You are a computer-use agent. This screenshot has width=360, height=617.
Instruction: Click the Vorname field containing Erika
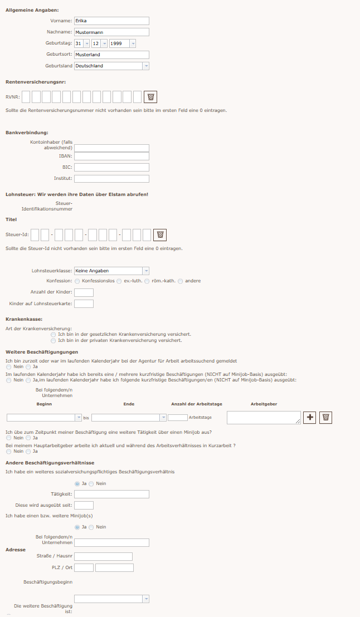tap(111, 21)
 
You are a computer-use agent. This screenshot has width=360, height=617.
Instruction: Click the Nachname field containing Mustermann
tap(111, 32)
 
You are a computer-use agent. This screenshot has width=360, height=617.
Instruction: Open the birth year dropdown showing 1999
tap(123, 43)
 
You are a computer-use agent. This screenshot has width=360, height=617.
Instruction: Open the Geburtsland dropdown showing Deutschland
tap(111, 66)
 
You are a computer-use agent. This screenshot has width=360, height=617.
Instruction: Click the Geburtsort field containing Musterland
tap(111, 55)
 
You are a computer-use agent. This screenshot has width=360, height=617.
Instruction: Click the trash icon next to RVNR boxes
tap(150, 97)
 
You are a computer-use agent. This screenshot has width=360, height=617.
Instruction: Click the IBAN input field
tap(111, 156)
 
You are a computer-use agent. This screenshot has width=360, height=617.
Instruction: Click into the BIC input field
tap(111, 168)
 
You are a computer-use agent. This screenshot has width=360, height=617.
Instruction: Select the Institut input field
tap(111, 179)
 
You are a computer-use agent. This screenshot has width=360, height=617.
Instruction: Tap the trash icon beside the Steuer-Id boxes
tap(160, 234)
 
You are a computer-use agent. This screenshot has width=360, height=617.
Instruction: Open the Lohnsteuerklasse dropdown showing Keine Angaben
tap(111, 271)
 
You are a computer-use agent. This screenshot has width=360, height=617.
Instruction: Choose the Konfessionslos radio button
tap(77, 281)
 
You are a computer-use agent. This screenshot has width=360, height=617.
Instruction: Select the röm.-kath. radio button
tap(147, 281)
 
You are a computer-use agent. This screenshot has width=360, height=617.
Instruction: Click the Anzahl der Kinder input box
tap(84, 292)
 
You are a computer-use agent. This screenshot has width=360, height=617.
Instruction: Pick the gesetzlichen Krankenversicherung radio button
tap(53, 335)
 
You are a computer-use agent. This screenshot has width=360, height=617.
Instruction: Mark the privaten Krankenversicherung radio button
tap(53, 340)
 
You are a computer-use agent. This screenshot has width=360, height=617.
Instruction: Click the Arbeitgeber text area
tap(264, 418)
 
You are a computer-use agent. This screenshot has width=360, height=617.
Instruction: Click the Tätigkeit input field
tap(111, 494)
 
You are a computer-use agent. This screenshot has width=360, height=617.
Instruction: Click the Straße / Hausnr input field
tap(103, 556)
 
